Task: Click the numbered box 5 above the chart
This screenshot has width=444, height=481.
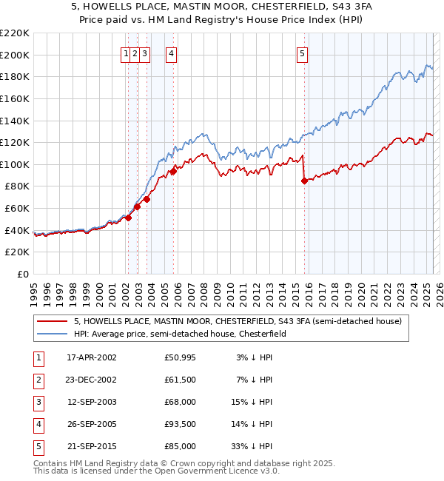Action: [x=303, y=53]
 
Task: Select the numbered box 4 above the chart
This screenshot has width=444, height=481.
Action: [x=171, y=53]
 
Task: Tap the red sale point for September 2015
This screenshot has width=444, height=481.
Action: [x=304, y=181]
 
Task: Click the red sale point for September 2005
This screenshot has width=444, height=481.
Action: [x=173, y=171]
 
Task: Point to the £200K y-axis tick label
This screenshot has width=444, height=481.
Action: [x=16, y=55]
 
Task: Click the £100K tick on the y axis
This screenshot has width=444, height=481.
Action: [x=16, y=164]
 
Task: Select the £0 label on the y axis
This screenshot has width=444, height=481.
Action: [x=22, y=274]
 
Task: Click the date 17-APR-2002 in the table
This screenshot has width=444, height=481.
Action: [x=92, y=357]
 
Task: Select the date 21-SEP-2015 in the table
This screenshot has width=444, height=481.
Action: [x=92, y=446]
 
